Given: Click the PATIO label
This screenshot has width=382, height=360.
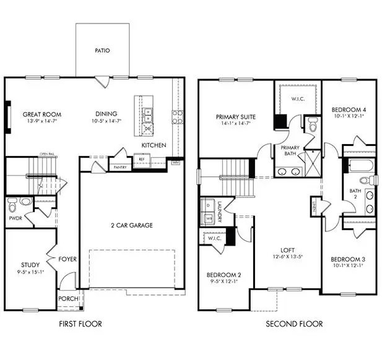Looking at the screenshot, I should (103, 51).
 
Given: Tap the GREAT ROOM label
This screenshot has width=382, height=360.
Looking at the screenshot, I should (41, 114).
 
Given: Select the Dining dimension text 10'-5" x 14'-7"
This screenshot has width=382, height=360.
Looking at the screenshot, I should (108, 121).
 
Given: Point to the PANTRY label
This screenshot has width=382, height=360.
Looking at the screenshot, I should (120, 167).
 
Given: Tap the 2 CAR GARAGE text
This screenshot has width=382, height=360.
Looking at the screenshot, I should (132, 225).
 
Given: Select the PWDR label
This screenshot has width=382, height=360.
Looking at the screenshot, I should (15, 218).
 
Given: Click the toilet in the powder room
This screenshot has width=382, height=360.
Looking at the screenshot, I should (24, 201).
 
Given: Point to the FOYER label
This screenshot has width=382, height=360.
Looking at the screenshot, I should (67, 259).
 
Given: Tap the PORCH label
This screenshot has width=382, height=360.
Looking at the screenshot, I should (67, 299).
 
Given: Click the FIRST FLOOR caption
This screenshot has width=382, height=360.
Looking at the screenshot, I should (80, 324).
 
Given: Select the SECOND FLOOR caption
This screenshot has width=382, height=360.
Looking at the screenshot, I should (294, 324).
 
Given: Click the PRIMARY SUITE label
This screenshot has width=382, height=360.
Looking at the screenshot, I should (235, 116).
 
